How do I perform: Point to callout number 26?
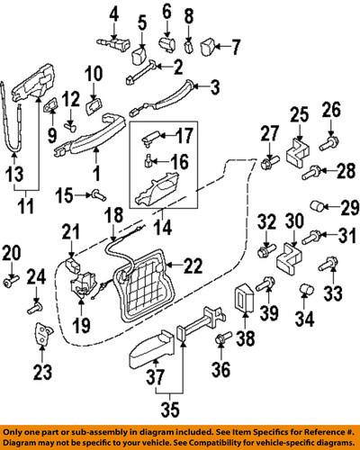click(330, 112)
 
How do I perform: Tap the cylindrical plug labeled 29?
click(318, 205)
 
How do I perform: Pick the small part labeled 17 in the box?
click(155, 134)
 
